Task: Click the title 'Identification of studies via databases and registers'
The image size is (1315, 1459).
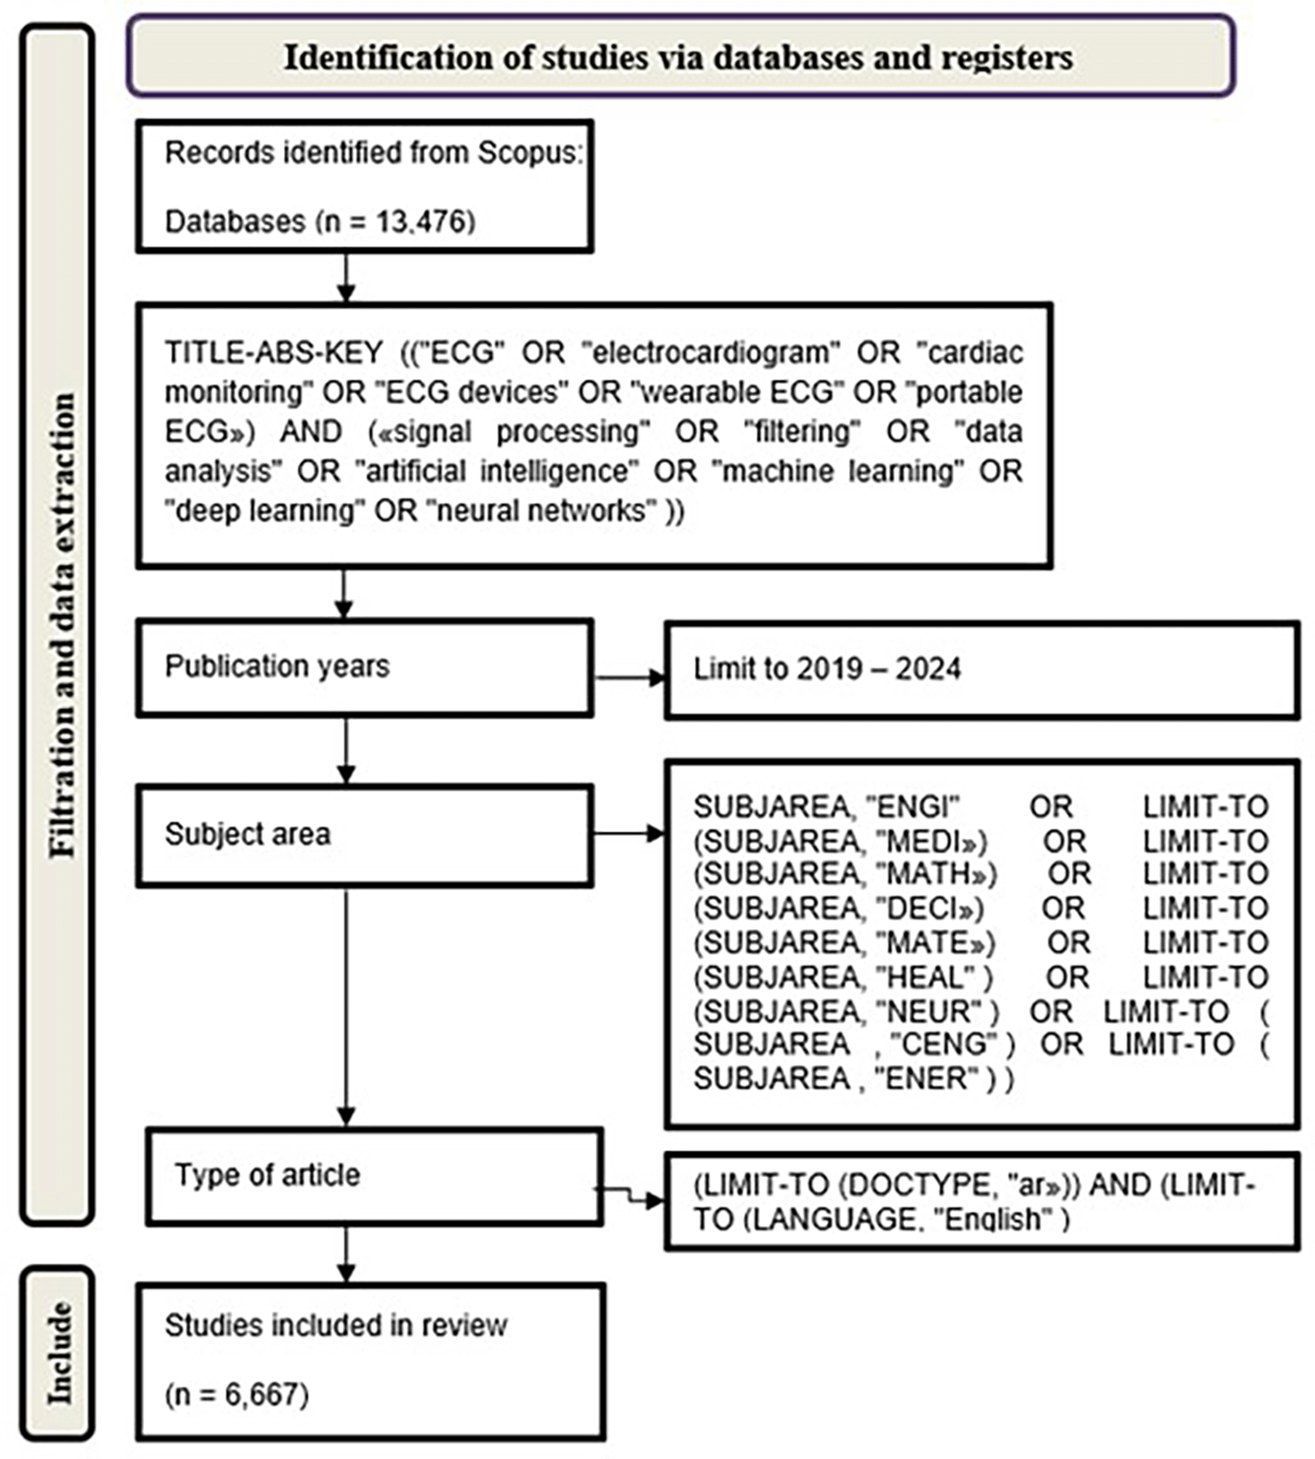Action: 678,58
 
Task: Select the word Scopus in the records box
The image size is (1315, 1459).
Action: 530,153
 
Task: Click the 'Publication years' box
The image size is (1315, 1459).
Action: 365,668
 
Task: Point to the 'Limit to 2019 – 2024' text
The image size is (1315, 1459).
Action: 827,669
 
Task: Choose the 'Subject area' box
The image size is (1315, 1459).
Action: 365,835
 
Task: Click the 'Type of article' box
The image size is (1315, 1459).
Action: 375,1176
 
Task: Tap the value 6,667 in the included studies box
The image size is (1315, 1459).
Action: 261,1394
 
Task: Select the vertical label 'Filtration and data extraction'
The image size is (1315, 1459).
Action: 62,626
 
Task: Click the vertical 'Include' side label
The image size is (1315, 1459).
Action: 59,1351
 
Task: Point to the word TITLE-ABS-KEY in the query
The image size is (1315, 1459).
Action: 274,354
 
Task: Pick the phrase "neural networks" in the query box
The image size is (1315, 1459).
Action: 542,511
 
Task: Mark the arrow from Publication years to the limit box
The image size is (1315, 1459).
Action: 630,678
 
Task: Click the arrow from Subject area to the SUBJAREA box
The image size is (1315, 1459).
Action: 630,833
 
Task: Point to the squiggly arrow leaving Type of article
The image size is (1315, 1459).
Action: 630,1195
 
